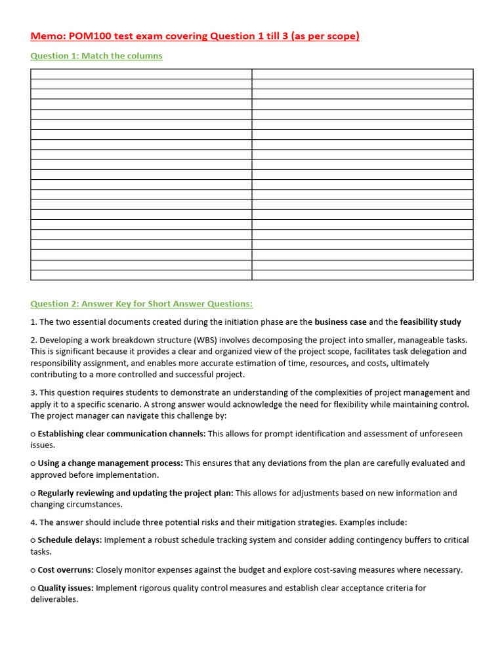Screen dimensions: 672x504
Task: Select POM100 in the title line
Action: click(93, 36)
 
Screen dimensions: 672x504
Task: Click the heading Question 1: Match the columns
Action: click(96, 56)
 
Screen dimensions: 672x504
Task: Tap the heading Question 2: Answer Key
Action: click(141, 303)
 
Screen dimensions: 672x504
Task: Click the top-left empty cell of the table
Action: click(141, 73)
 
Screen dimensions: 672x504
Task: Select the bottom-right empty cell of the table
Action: click(362, 275)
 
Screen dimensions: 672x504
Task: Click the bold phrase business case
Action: click(341, 322)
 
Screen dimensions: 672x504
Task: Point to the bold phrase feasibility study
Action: click(430, 322)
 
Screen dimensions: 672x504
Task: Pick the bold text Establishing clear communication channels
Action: click(121, 433)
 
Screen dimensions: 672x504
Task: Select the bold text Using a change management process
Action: click(110, 463)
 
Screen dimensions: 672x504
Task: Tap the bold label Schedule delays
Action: click(70, 539)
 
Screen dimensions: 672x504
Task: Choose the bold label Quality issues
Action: click(66, 587)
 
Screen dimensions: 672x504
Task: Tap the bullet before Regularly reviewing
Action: click(33, 493)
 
